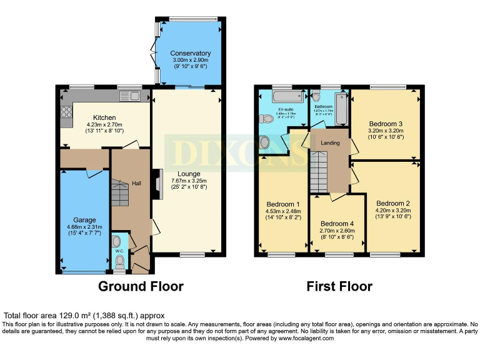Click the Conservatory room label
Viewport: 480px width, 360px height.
[190, 53]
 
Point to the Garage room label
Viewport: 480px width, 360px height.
[84, 220]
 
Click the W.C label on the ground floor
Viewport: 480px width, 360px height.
[119, 251]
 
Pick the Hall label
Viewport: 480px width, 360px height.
[137, 183]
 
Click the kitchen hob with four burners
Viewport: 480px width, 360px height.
[66, 114]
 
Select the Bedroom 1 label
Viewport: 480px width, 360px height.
[283, 204]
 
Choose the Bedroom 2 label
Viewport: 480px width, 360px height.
[393, 203]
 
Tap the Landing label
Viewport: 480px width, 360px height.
[330, 143]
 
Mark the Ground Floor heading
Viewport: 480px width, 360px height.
[141, 286]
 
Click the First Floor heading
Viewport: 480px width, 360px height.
[339, 286]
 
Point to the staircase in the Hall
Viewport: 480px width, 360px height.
[119, 191]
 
